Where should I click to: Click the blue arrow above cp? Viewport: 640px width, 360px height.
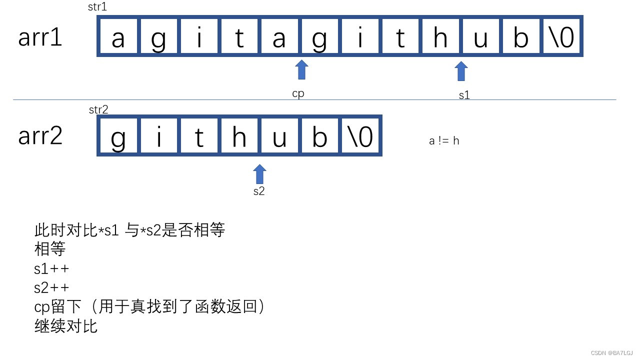[301, 70]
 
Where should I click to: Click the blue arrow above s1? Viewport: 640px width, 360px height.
[461, 71]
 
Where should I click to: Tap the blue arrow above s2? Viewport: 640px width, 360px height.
[259, 174]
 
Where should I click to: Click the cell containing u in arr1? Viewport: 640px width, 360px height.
[480, 36]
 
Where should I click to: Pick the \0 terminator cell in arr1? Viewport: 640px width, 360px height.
[561, 36]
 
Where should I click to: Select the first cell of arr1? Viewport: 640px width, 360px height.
[118, 36]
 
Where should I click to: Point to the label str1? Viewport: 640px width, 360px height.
[97, 7]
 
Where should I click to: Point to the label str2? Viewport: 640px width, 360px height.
[98, 109]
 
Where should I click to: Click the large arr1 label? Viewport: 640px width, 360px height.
[40, 37]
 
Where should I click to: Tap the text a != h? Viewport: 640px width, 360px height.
[444, 141]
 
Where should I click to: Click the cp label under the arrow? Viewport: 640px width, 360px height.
[298, 93]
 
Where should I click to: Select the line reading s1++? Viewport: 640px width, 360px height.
[51, 268]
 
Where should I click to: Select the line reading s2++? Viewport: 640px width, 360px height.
[51, 287]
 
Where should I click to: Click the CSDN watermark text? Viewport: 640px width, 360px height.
[611, 352]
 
